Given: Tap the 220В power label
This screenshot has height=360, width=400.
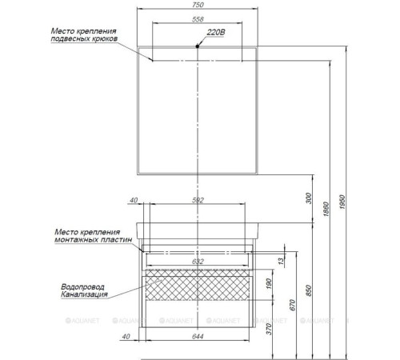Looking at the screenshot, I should pyautogui.click(x=217, y=33).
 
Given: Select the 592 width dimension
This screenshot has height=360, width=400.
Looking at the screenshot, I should pyautogui.click(x=199, y=200).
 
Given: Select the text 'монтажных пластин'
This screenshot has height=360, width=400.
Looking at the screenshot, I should pyautogui.click(x=88, y=239).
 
